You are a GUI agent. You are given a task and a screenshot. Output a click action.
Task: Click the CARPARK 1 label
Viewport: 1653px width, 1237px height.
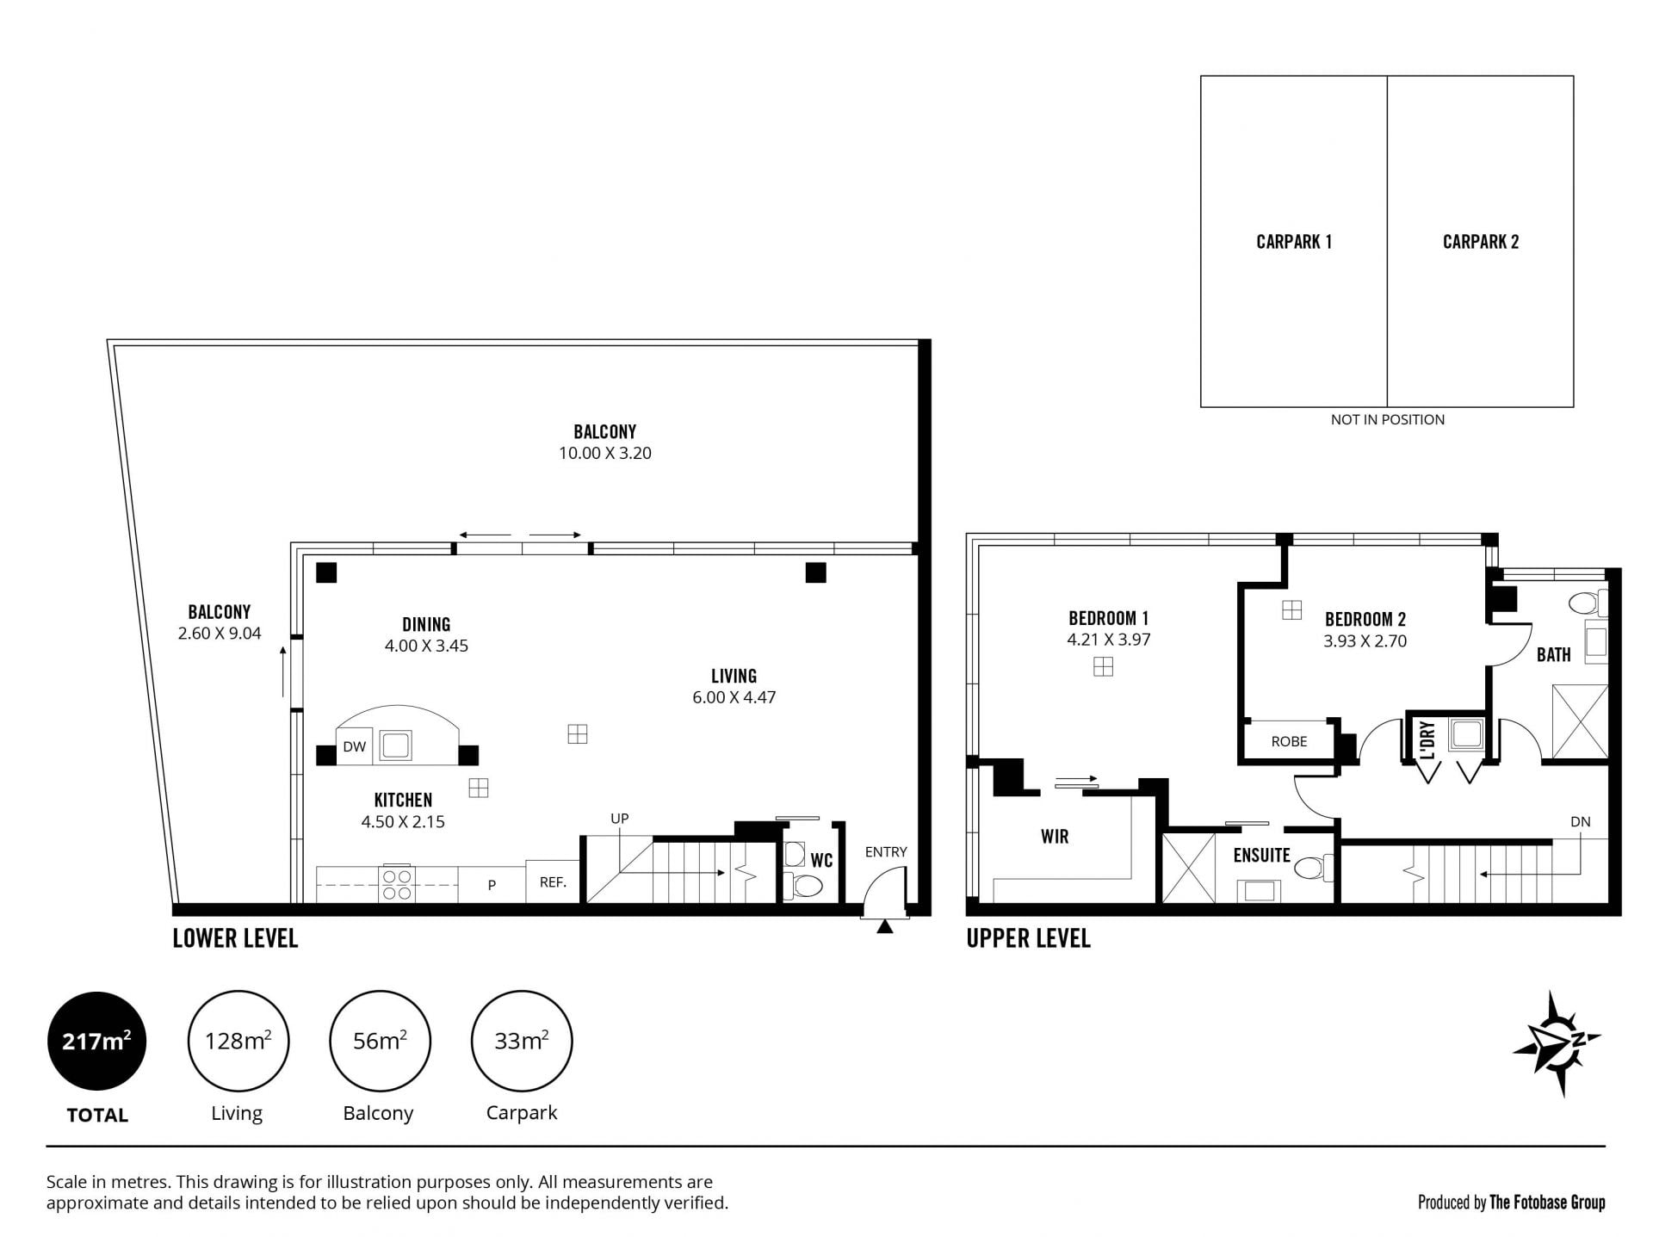click(x=1293, y=242)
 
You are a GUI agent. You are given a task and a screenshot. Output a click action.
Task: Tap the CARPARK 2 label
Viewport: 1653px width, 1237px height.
click(x=1480, y=242)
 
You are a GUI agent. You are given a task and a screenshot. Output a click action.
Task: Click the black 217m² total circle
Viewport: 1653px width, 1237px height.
click(x=96, y=1042)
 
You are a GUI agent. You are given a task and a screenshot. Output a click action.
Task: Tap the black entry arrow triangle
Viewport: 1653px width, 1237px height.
click(x=884, y=926)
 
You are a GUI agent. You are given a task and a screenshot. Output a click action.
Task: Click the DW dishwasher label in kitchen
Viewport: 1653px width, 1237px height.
click(x=354, y=746)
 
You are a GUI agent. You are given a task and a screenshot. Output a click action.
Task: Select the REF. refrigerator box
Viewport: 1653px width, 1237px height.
click(x=553, y=881)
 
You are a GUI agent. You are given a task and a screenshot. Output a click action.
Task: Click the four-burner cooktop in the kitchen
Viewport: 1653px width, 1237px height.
click(x=397, y=884)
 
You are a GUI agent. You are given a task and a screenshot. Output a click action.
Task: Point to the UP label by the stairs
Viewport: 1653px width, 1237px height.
click(x=620, y=819)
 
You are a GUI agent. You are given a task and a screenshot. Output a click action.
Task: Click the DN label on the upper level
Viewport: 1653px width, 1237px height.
click(x=1580, y=821)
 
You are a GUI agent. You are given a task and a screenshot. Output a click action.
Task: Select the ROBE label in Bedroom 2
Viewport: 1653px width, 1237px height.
click(x=1289, y=741)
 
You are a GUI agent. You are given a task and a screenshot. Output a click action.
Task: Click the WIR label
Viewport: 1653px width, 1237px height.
click(x=1055, y=836)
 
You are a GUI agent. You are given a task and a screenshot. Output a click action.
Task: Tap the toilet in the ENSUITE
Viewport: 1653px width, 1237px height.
click(x=1314, y=867)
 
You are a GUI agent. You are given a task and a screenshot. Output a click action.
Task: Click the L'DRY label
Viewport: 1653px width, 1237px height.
click(x=1428, y=740)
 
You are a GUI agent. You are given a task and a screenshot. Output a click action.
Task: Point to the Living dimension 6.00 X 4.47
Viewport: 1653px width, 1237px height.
click(x=734, y=697)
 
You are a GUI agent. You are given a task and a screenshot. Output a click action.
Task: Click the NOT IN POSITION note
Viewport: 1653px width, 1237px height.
click(x=1387, y=419)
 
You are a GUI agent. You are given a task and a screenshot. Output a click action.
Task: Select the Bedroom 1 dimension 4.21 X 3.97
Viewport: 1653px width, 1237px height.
click(x=1108, y=640)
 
